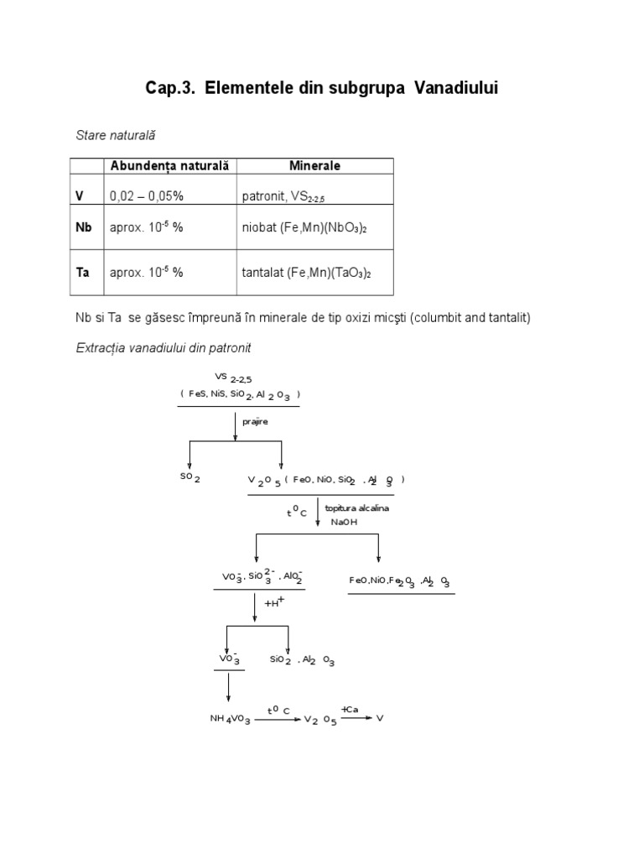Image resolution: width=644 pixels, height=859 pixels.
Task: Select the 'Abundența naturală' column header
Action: coord(169,165)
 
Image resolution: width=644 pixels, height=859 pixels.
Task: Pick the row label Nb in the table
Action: coord(83,227)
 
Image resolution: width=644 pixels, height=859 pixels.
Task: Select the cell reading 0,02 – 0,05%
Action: coord(147,195)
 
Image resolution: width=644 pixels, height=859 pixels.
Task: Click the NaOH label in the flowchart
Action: coord(344,521)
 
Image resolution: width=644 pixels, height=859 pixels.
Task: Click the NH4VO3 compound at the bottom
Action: coord(230,719)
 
